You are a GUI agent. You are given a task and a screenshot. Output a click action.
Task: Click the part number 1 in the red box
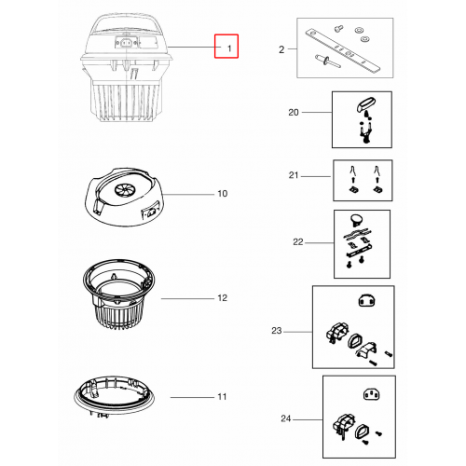(x=229, y=48)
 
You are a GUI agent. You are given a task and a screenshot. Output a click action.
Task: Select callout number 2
(x=281, y=49)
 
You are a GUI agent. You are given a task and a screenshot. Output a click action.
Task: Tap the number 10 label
(x=223, y=194)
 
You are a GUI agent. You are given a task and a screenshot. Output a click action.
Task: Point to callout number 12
(x=223, y=298)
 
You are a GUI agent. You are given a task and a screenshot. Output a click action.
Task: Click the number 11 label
(x=222, y=397)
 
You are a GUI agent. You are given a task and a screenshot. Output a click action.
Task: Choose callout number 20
(x=294, y=112)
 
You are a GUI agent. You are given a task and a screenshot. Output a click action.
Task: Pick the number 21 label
(x=294, y=175)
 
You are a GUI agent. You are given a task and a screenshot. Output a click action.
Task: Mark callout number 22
(x=298, y=241)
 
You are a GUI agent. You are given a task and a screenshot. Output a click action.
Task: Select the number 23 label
(x=277, y=331)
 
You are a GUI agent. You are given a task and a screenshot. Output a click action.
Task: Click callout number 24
(x=286, y=418)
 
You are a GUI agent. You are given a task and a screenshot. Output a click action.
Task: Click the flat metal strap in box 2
(x=343, y=50)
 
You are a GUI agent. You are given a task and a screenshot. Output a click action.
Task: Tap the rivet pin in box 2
(x=328, y=61)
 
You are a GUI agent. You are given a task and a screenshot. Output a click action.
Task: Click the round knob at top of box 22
(x=356, y=219)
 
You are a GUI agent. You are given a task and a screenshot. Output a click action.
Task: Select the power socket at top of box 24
(x=372, y=395)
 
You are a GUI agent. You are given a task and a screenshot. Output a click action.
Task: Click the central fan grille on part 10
(x=123, y=189)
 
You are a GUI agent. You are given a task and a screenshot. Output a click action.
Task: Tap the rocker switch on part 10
(x=151, y=213)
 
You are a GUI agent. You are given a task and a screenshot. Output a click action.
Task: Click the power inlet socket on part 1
(x=126, y=43)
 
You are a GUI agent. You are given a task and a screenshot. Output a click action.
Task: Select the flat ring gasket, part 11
(x=115, y=396)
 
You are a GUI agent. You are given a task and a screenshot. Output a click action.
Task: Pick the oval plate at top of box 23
(x=367, y=300)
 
